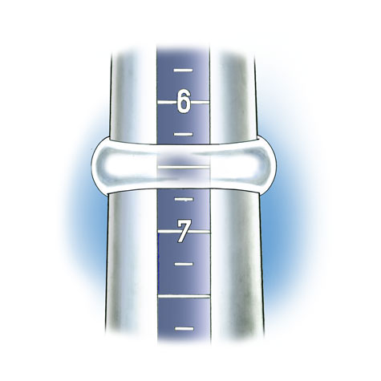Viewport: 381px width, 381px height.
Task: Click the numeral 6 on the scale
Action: pyautogui.click(x=184, y=101)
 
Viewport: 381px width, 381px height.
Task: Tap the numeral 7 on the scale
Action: pyautogui.click(x=184, y=231)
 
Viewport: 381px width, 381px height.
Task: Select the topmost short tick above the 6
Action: pyautogui.click(x=183, y=71)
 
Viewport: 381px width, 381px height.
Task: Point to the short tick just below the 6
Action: pyautogui.click(x=184, y=134)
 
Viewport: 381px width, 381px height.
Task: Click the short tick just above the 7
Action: pyautogui.click(x=184, y=199)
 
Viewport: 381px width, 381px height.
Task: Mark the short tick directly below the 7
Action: pyautogui.click(x=184, y=264)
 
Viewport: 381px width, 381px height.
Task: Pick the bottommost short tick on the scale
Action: pyautogui.click(x=184, y=328)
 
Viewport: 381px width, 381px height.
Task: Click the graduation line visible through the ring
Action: pyautogui.click(x=184, y=167)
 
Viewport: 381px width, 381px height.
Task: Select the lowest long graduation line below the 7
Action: pyautogui.click(x=184, y=296)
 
